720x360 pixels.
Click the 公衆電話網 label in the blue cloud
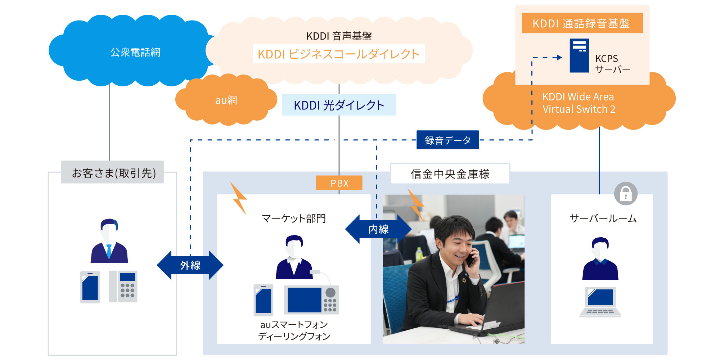coord(135,53)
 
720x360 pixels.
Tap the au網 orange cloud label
coord(226,100)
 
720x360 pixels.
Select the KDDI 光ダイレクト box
coord(339,105)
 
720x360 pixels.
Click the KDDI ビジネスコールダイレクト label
coord(339,54)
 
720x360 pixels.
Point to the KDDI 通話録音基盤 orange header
coord(582,23)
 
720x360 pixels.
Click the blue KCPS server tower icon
coord(579,55)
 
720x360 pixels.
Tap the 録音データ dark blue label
coord(447,140)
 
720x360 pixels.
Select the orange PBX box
coord(339,183)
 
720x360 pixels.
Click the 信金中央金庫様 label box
coord(450,174)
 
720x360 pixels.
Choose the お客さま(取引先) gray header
coord(113,173)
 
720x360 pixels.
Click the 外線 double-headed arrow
coord(190,265)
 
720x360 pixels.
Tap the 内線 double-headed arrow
coord(378,229)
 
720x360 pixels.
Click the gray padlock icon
coord(626,194)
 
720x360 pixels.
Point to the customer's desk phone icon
coord(123,286)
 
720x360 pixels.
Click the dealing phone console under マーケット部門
coord(311,300)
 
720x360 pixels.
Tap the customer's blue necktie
coord(109,251)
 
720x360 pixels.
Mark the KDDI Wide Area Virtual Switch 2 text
coord(579,103)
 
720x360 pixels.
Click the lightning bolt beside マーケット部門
coord(238,198)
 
